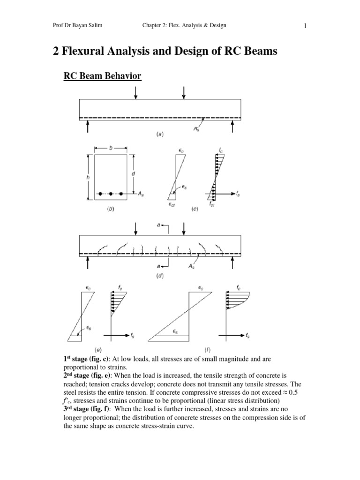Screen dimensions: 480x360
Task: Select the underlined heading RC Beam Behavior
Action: click(102, 75)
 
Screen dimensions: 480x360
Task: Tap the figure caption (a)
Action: click(160, 134)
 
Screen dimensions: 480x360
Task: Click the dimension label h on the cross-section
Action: click(88, 177)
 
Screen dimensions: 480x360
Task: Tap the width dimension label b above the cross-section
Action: click(111, 148)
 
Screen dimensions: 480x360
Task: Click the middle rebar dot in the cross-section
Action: click(111, 194)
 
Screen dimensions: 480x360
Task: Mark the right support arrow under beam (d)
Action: click(232, 263)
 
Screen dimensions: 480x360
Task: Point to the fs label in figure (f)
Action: click(247, 336)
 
